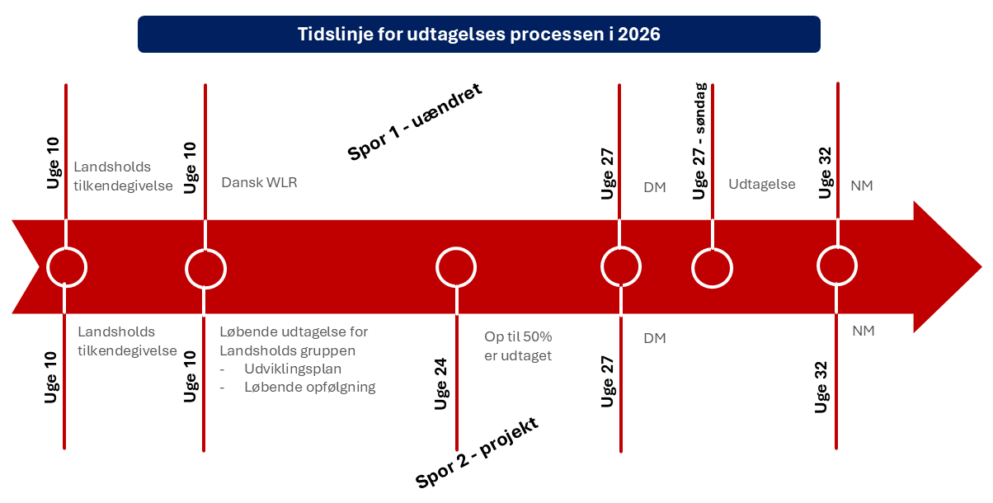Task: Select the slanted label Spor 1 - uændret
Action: point(415,121)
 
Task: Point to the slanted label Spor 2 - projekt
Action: point(477,452)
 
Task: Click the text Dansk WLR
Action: point(259,182)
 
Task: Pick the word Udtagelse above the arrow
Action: point(761,184)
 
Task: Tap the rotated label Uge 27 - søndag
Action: point(699,141)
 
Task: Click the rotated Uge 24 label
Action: point(440,383)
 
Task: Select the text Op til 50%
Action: point(518,336)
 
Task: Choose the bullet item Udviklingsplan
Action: point(293,369)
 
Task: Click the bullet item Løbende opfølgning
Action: point(310,387)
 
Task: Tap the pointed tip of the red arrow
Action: point(982,267)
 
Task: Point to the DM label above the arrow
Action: point(655,187)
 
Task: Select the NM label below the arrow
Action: point(864,331)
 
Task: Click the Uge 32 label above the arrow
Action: point(825,173)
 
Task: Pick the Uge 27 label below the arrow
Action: point(607,382)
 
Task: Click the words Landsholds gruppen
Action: point(287,350)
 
